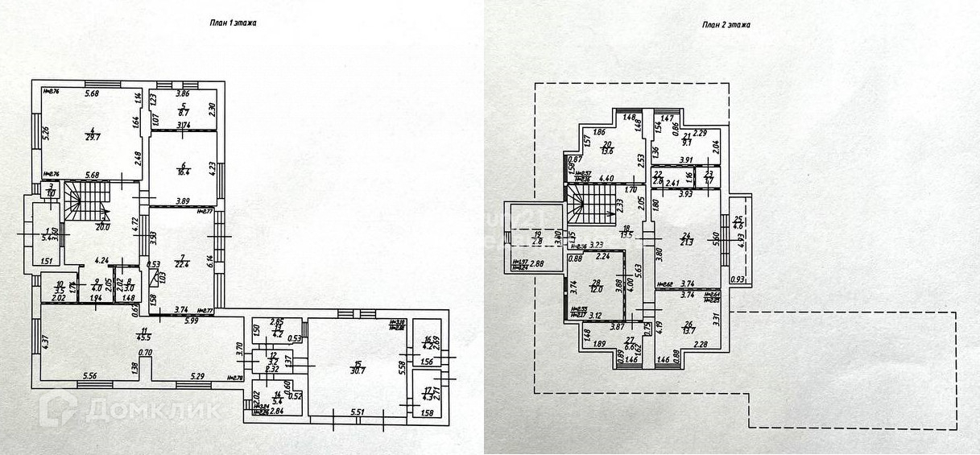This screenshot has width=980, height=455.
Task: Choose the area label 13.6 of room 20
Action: coord(607,151)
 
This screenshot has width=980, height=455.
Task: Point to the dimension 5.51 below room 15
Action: coord(358,412)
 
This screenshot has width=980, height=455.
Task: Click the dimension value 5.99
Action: coord(190,321)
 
